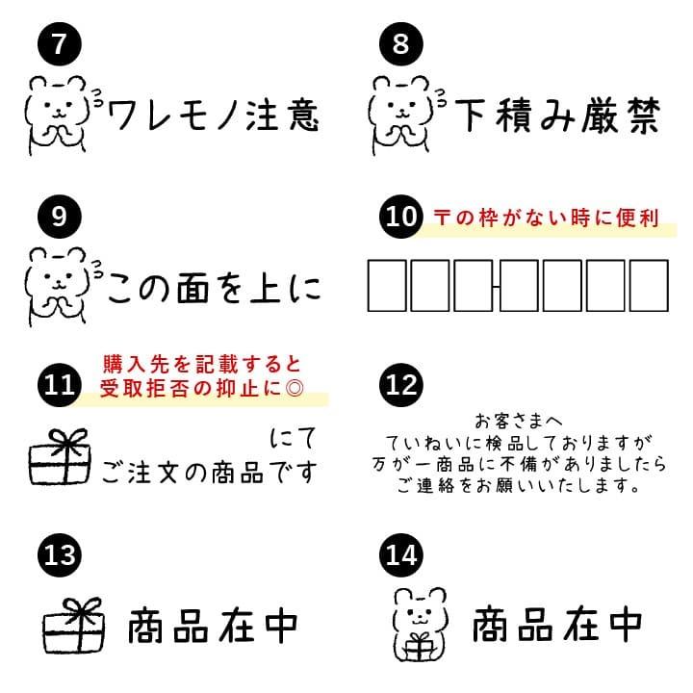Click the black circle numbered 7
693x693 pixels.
click(59, 45)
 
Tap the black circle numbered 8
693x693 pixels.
click(401, 45)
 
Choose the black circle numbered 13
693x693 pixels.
click(59, 556)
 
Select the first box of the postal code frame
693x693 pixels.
click(388, 287)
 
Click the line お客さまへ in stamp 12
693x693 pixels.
click(518, 422)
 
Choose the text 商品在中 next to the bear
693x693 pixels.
click(556, 628)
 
